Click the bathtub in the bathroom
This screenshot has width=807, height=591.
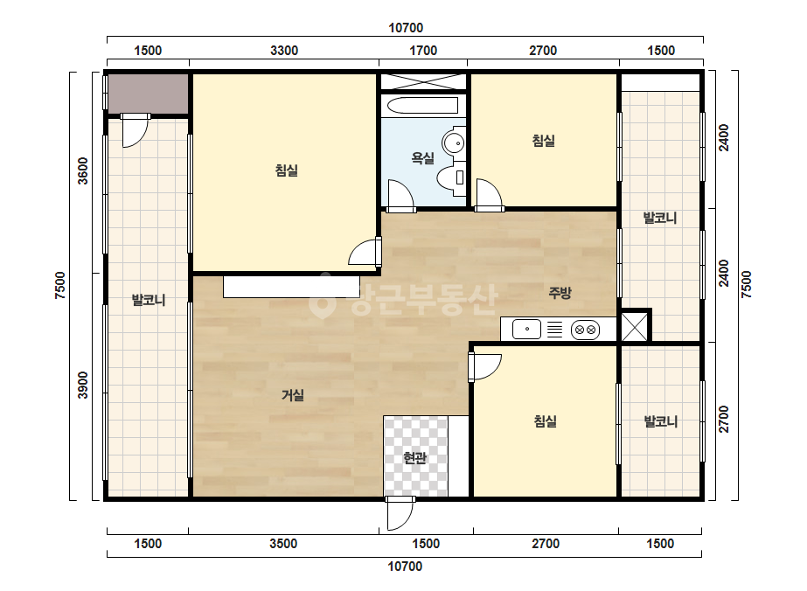coord(422,106)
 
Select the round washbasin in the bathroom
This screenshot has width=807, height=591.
coord(454,142)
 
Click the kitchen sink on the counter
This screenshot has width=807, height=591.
coord(526,329)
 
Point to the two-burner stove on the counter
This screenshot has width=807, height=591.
coord(586,330)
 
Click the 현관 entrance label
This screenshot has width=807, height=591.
coord(414,457)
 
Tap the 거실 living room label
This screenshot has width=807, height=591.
coord(292,395)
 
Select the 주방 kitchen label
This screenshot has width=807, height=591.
coord(560,293)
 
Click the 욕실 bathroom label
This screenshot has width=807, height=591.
coord(422,158)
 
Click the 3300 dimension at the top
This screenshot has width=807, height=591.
coord(284,51)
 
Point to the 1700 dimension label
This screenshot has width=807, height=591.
coord(423,51)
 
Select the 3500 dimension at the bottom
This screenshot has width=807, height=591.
coord(283,544)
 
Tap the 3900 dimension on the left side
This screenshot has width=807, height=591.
coord(83,385)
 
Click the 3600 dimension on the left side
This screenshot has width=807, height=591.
coord(83,170)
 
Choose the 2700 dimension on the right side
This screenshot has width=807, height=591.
coord(724,419)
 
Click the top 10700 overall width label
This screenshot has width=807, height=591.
coord(406,28)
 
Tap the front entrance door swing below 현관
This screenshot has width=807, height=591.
coord(400,513)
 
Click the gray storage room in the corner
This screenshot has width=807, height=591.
coord(148,94)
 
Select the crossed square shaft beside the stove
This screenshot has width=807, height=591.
coord(635,326)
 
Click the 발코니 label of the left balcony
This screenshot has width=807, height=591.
coord(149,300)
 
